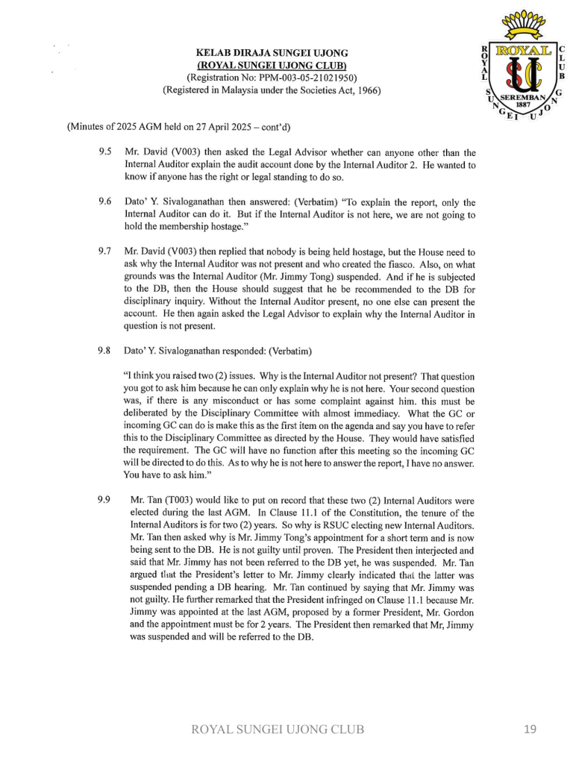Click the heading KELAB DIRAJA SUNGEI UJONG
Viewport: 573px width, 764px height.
tap(272, 53)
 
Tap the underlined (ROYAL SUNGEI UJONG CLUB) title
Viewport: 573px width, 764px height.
tap(272, 66)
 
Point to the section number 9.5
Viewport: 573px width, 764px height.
tap(104, 152)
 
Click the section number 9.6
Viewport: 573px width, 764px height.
tap(104, 202)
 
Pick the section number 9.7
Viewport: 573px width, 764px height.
tap(104, 252)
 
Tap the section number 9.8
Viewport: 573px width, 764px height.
tap(104, 350)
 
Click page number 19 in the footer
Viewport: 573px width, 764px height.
tap(530, 730)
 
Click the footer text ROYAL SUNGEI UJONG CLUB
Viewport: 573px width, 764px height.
tap(278, 730)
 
